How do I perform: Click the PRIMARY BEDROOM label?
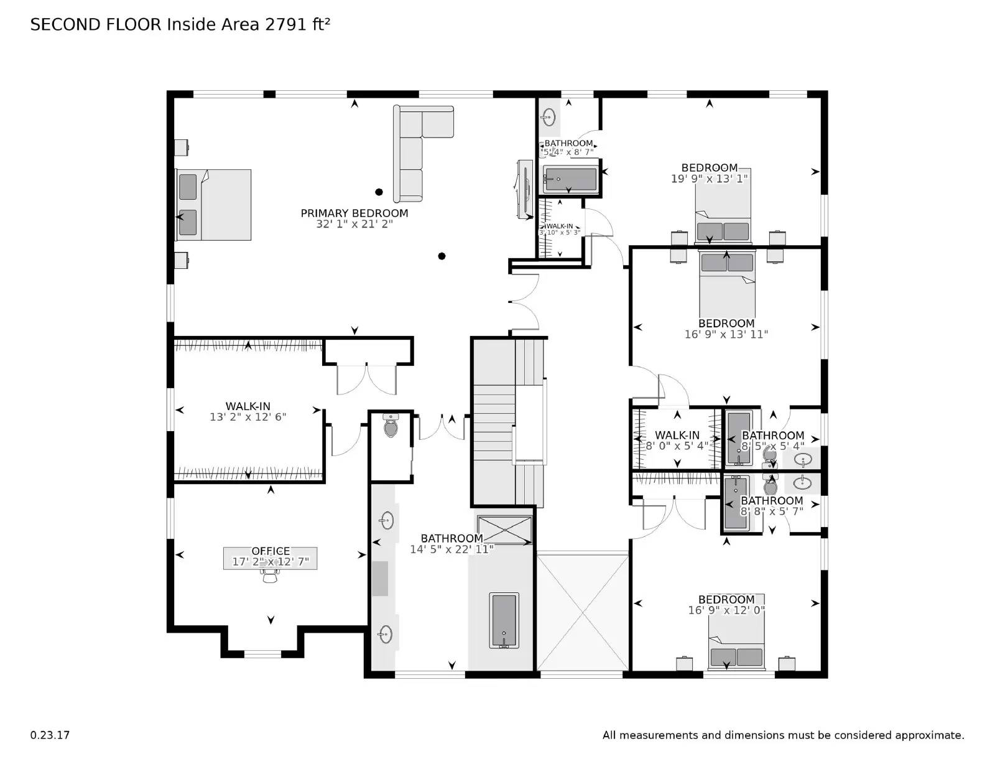354,213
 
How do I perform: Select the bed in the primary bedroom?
214,205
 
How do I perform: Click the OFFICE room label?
271,551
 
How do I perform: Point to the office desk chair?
270,577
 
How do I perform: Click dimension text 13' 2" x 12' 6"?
248,417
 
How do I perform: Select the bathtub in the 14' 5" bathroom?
504,621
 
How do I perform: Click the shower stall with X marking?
504,529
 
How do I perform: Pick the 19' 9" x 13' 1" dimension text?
709,179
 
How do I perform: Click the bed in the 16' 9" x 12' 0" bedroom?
737,650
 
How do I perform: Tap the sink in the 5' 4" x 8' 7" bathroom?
548,116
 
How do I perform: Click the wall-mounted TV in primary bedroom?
524,189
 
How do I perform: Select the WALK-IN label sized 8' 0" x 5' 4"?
677,436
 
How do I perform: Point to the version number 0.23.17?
50,735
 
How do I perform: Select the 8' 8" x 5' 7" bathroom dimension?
772,511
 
